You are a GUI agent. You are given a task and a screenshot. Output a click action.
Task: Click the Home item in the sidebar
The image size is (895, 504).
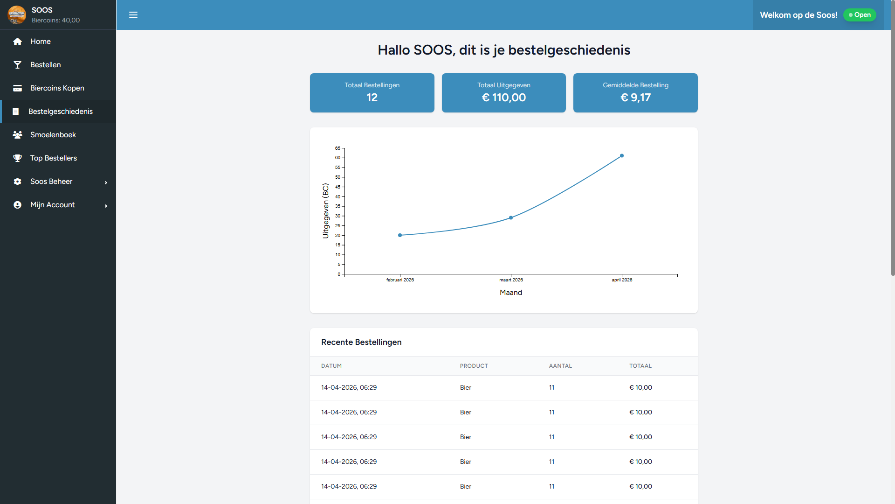point(41,42)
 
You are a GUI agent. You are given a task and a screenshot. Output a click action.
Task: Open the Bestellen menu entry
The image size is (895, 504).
point(45,65)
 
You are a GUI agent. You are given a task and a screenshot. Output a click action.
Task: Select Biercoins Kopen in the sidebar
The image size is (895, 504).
point(57,88)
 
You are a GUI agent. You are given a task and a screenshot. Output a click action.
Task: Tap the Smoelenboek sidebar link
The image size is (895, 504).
point(53,135)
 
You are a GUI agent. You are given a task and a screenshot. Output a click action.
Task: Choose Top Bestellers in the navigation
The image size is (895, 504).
point(53,158)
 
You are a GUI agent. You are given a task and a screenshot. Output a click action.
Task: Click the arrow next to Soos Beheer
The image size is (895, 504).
point(106,182)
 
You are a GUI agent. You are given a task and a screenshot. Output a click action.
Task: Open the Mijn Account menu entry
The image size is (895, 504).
point(52,205)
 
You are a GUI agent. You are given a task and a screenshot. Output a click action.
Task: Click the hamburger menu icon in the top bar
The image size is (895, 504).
point(133,15)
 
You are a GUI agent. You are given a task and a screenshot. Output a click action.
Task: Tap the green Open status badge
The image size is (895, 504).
point(860,15)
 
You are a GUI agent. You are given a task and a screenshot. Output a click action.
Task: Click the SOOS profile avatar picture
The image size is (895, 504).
point(17,15)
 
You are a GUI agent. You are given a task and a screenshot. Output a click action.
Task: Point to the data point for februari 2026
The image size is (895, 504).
point(400,235)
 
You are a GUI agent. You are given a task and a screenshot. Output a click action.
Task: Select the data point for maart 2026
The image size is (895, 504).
point(511,217)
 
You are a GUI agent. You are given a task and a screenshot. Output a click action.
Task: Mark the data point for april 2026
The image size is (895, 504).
point(622,156)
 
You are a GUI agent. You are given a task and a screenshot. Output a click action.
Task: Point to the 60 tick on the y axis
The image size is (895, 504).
point(337,158)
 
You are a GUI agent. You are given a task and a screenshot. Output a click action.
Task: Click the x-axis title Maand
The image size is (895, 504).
point(511,293)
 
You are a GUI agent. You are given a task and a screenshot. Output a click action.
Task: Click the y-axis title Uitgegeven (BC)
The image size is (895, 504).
point(325,211)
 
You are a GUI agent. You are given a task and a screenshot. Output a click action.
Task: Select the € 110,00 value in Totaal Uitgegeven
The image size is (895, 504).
point(503,98)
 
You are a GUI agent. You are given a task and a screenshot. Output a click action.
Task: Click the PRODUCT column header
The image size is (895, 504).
point(474,366)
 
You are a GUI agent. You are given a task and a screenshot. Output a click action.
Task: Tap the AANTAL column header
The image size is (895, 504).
point(560,366)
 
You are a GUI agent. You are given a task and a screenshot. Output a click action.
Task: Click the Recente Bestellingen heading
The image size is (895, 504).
point(361,342)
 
